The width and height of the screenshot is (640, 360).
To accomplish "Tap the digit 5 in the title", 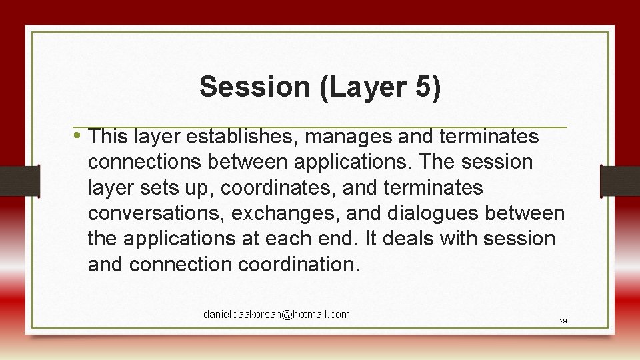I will pyautogui.click(x=425, y=87).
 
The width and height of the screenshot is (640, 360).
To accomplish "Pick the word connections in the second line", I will pyautogui.click(x=146, y=163).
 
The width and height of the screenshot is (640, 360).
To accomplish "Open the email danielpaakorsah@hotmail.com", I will pyautogui.click(x=276, y=314).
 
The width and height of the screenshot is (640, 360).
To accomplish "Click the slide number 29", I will pyautogui.click(x=563, y=321).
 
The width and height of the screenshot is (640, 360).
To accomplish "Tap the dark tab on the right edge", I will pyautogui.click(x=620, y=181).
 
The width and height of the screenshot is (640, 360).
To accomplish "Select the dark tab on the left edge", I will pyautogui.click(x=19, y=181).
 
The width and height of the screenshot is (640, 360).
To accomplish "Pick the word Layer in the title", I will pyautogui.click(x=365, y=87).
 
